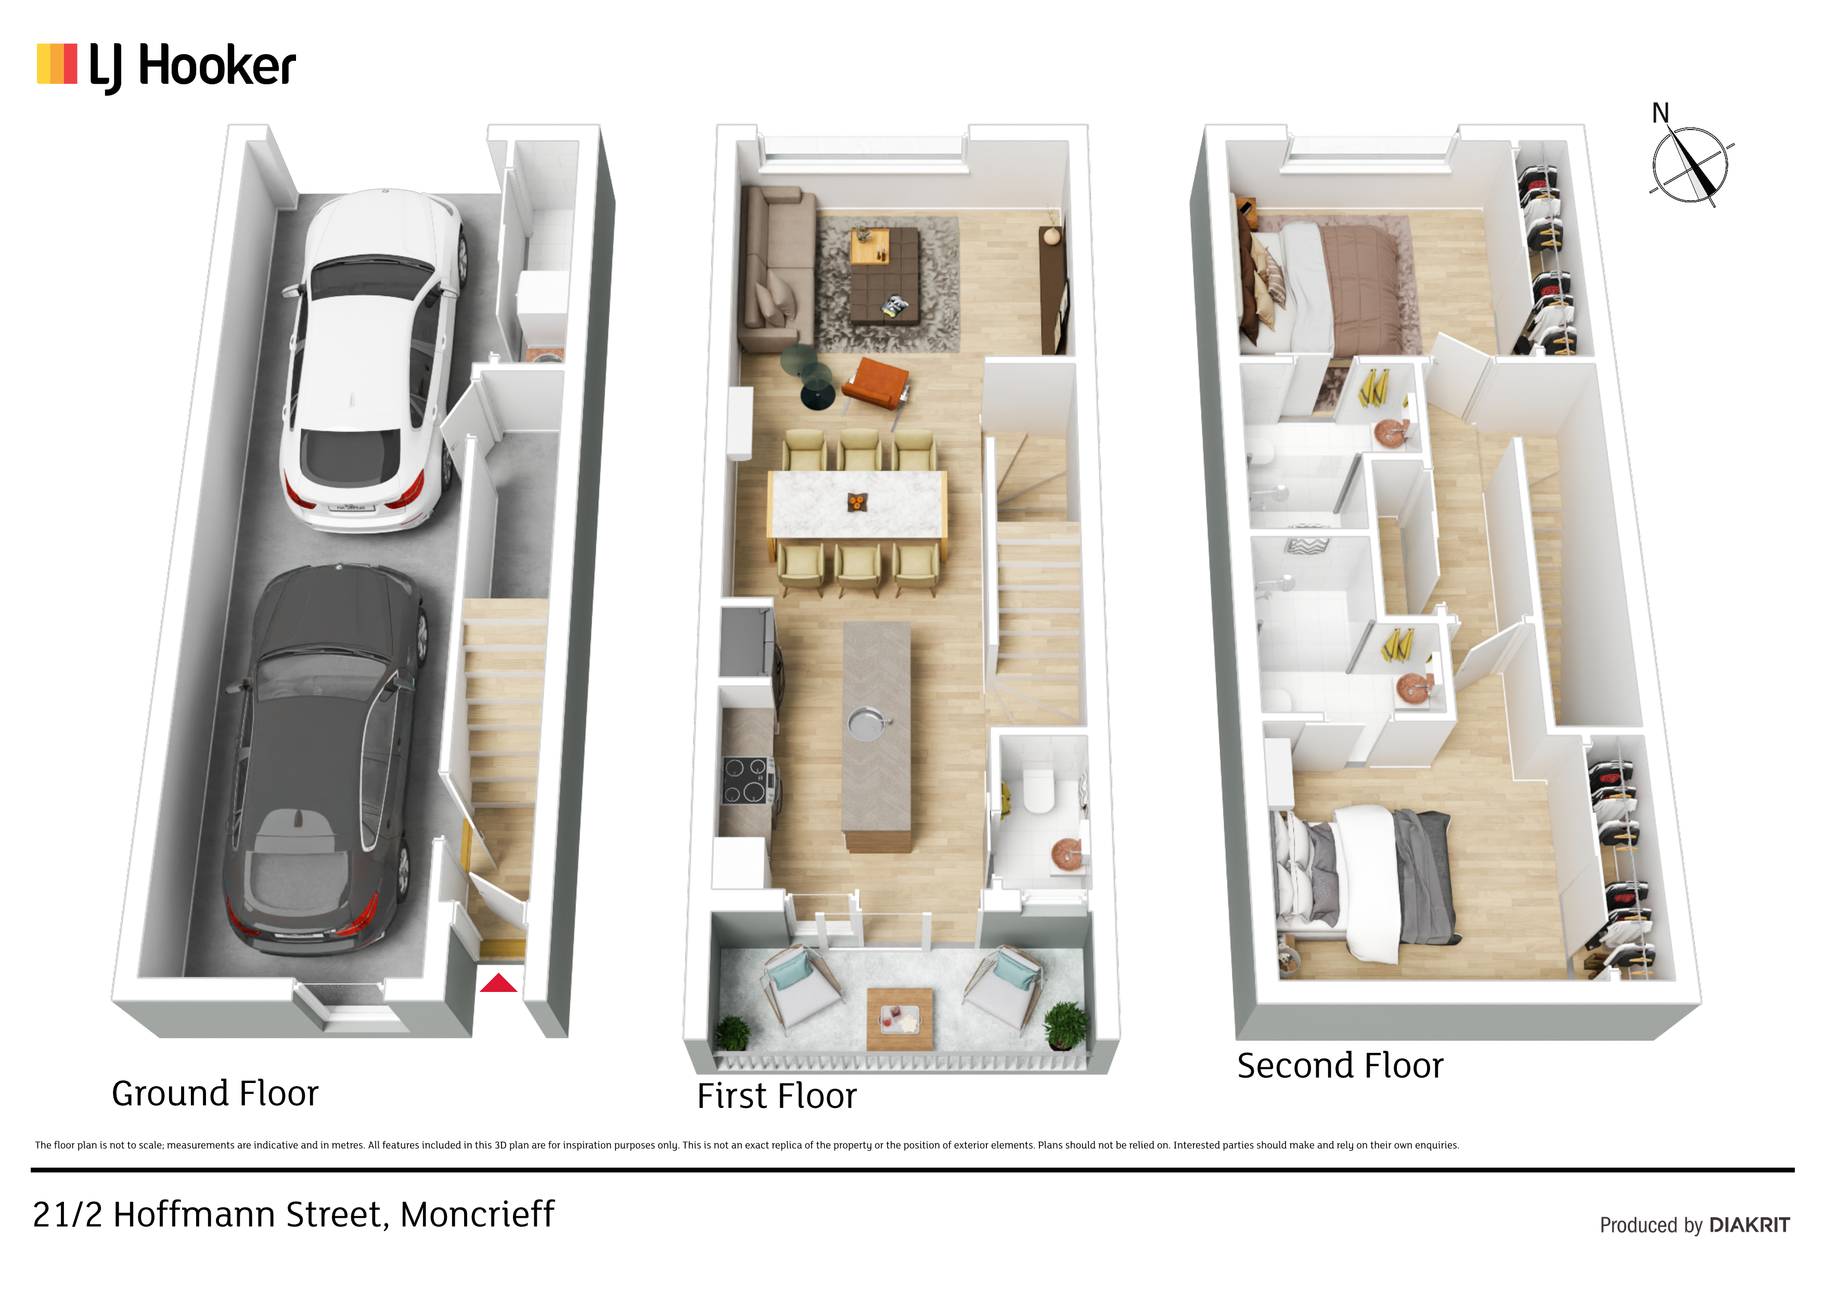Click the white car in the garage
point(372,359)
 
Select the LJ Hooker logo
point(166,67)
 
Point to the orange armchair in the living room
point(875,385)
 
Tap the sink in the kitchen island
point(866,724)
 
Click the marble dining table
point(857,504)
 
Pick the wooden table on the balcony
point(900,1019)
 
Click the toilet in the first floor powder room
point(1038,787)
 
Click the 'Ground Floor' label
point(215,1094)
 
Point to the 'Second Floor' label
point(1340,1066)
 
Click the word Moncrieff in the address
point(477,1215)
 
